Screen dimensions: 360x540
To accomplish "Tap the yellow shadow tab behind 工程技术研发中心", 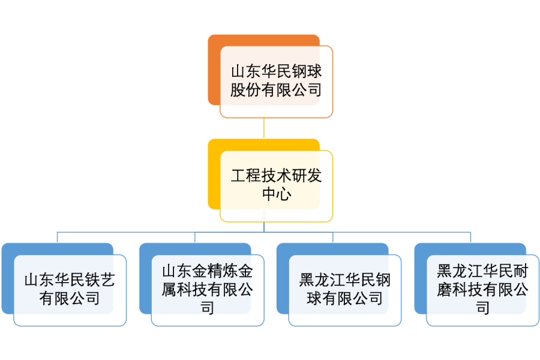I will pyautogui.click(x=214, y=174).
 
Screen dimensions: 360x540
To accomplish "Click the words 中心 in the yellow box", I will pyautogui.click(x=276, y=195).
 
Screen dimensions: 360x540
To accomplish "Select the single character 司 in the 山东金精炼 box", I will pyautogui.click(x=207, y=308).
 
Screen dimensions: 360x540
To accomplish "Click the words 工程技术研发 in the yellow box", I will pyautogui.click(x=276, y=176).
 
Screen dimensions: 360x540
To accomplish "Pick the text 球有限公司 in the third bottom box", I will pyautogui.click(x=345, y=298).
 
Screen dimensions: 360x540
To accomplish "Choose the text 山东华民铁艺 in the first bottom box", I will pyautogui.click(x=70, y=280).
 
